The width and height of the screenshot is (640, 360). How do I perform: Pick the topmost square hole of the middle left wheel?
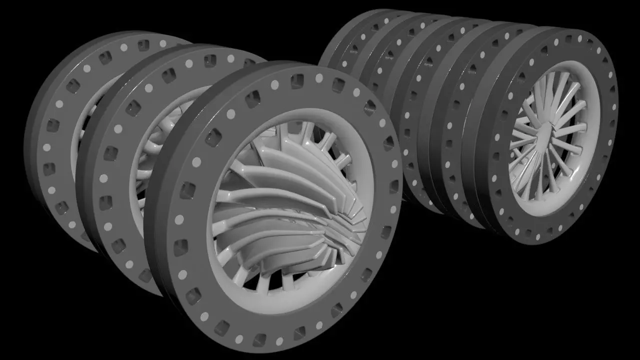pyautogui.click(x=210, y=60)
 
